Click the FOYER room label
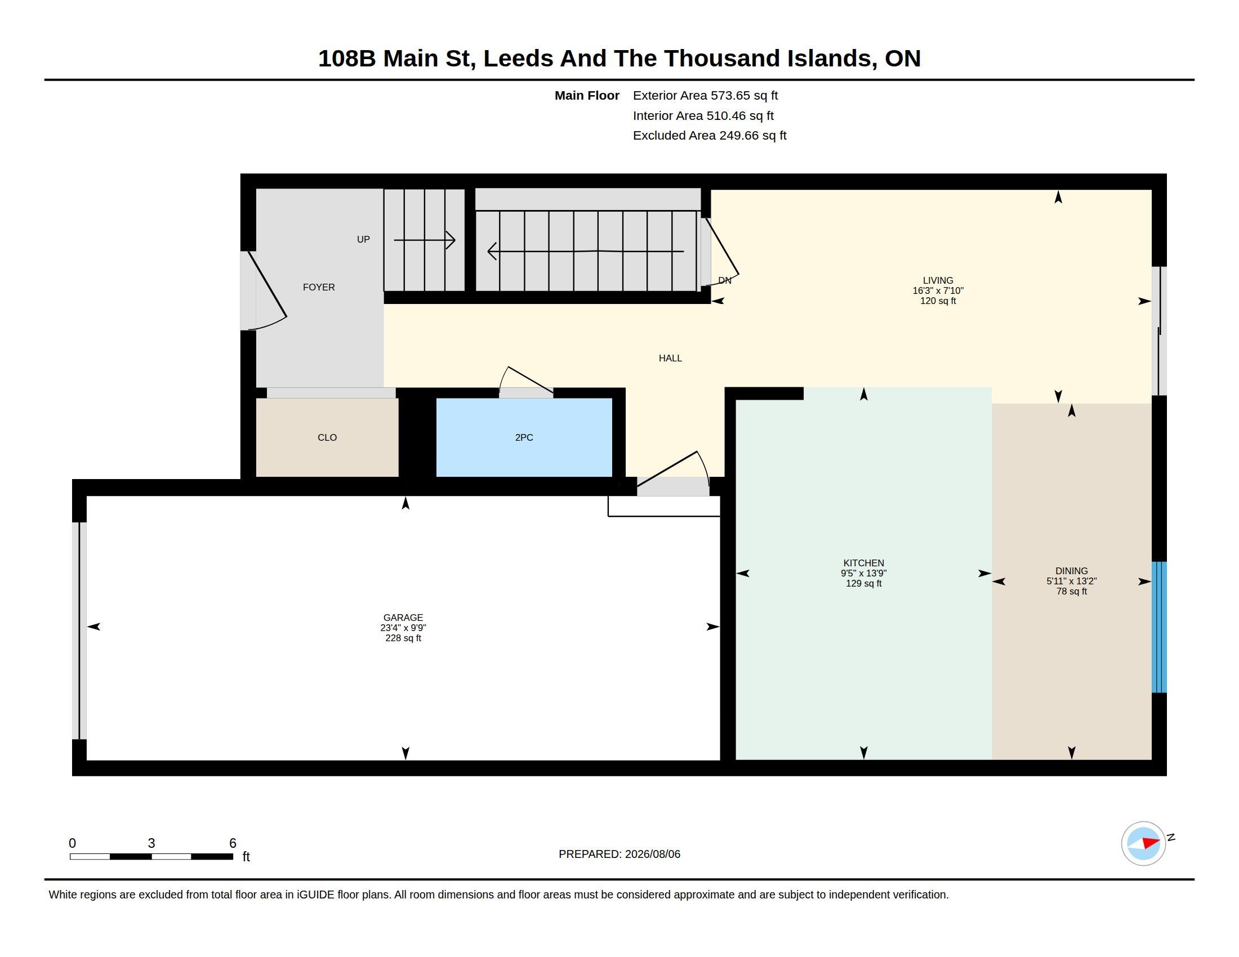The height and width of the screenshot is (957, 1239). (x=319, y=288)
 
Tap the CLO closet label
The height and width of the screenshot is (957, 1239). (x=327, y=437)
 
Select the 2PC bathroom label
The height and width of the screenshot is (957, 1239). (x=524, y=437)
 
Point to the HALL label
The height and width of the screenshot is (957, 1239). (x=671, y=358)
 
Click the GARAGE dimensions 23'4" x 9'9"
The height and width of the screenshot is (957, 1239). (x=403, y=628)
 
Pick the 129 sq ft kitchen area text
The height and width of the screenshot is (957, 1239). (x=864, y=584)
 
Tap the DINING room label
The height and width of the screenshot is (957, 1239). (x=1072, y=571)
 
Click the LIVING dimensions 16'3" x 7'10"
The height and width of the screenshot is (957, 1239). (x=938, y=291)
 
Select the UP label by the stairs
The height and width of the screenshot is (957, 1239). (x=363, y=240)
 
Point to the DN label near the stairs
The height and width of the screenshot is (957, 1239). (x=724, y=281)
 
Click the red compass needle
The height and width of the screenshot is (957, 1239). (x=1151, y=843)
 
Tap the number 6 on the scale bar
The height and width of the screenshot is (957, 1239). (x=233, y=843)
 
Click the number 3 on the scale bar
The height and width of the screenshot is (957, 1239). (x=151, y=843)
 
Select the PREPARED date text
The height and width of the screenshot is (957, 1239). (x=619, y=855)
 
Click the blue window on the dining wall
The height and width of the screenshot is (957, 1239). (x=1159, y=627)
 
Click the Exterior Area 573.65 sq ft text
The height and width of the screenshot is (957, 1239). (x=705, y=96)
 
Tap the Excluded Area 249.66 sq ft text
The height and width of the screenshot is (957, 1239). (x=710, y=136)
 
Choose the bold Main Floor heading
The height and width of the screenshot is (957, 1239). (x=587, y=96)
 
